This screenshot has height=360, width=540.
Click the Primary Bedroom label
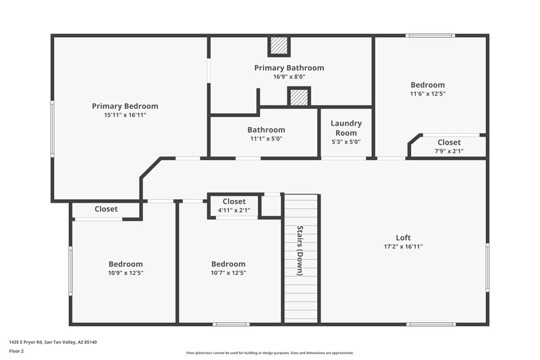click(x=125, y=106)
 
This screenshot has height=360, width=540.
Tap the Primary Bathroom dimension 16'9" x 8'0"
click(x=289, y=77)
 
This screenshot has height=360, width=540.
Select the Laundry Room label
click(x=346, y=128)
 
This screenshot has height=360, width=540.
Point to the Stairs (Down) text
click(x=300, y=250)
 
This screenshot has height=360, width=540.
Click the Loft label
click(x=403, y=238)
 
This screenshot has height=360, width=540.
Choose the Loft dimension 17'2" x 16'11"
click(x=403, y=247)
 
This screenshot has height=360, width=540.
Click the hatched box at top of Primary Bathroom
click(x=279, y=46)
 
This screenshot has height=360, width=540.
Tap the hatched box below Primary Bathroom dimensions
click(x=298, y=97)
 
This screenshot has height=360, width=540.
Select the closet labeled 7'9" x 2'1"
click(x=449, y=147)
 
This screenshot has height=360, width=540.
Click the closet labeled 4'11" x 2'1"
click(x=234, y=206)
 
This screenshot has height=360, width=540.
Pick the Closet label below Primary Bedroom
click(x=106, y=209)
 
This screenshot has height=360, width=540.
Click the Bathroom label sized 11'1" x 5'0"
click(x=266, y=130)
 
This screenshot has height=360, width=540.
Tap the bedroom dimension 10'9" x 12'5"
click(x=126, y=273)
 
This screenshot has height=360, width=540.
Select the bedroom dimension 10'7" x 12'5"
click(x=228, y=273)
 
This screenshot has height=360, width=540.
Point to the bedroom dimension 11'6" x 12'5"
click(x=428, y=94)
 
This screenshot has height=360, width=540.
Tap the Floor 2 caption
click(x=17, y=351)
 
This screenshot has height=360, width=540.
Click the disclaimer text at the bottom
click(x=269, y=353)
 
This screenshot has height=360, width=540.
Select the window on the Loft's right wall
click(x=487, y=267)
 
